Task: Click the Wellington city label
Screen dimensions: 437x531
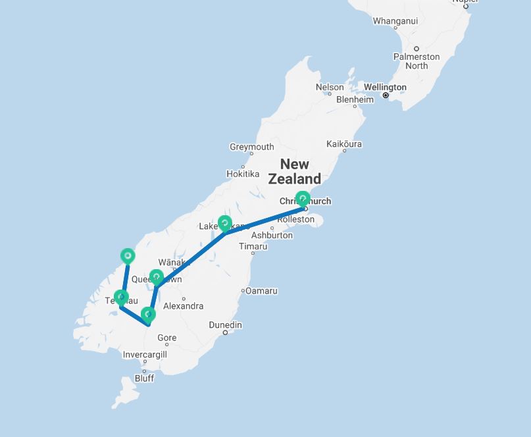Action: tap(385, 87)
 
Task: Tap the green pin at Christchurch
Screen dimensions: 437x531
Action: tap(303, 198)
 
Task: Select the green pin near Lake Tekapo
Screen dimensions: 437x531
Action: tap(224, 224)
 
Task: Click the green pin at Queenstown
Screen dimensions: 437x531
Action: tap(156, 278)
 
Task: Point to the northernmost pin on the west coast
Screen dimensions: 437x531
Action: tap(128, 255)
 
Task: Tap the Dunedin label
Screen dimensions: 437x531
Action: tap(225, 325)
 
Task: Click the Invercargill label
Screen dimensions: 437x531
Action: tap(145, 354)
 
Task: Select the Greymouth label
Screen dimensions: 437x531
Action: tap(251, 147)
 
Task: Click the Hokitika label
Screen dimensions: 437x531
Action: tap(243, 174)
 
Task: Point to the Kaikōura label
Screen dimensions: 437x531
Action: tap(344, 143)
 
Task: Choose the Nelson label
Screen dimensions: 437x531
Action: tap(330, 87)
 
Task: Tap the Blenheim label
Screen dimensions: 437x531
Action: tap(355, 99)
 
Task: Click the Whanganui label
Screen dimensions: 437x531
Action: tap(395, 21)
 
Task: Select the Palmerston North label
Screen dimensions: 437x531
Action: tap(417, 61)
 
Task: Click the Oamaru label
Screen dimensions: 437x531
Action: tap(262, 290)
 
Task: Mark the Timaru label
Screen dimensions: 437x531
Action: tap(253, 246)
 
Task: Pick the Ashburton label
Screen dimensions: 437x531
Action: tap(272, 235)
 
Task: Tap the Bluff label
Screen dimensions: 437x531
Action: tap(144, 378)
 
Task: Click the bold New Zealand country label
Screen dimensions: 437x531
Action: tap(295, 171)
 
